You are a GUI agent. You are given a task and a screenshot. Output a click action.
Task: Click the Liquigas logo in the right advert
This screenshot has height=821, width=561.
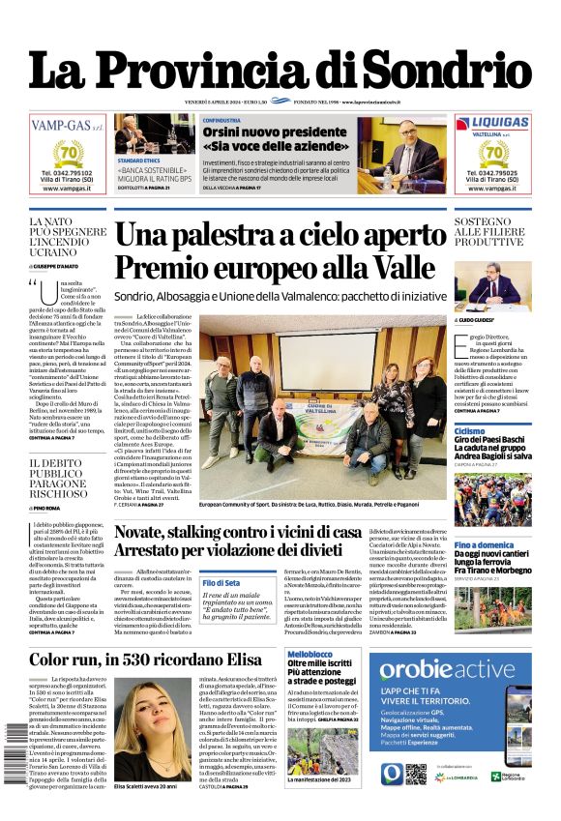[x=493, y=123]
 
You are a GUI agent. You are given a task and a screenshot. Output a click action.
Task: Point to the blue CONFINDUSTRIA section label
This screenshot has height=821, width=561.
[x=222, y=120]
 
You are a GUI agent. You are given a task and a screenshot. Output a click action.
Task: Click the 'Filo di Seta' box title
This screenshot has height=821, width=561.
[x=221, y=583]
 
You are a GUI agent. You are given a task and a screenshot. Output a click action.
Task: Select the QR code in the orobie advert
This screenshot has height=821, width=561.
[x=416, y=773]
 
